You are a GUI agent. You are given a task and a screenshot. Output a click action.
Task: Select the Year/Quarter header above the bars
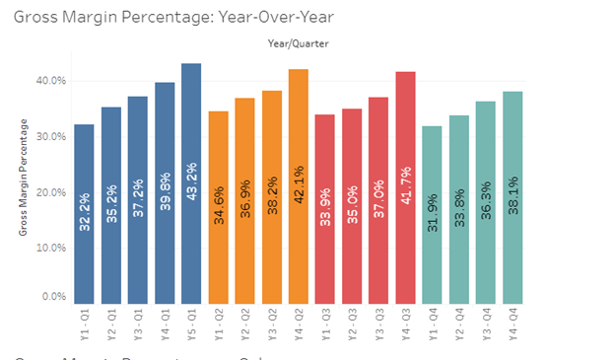pos(299,43)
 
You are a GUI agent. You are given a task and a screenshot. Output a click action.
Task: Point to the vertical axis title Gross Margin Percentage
pos(23,174)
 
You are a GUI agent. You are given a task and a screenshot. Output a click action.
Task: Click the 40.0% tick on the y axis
pos(51,81)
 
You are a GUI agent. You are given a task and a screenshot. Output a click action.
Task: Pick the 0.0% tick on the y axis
pos(53,296)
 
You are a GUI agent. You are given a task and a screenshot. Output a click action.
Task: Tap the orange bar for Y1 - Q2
pos(219,208)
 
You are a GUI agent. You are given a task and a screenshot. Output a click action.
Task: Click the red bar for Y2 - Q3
pos(351,206)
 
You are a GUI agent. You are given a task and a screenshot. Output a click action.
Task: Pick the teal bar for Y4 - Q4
pos(512,197)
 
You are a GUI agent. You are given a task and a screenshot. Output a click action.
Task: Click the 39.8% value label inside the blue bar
pos(165,216)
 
